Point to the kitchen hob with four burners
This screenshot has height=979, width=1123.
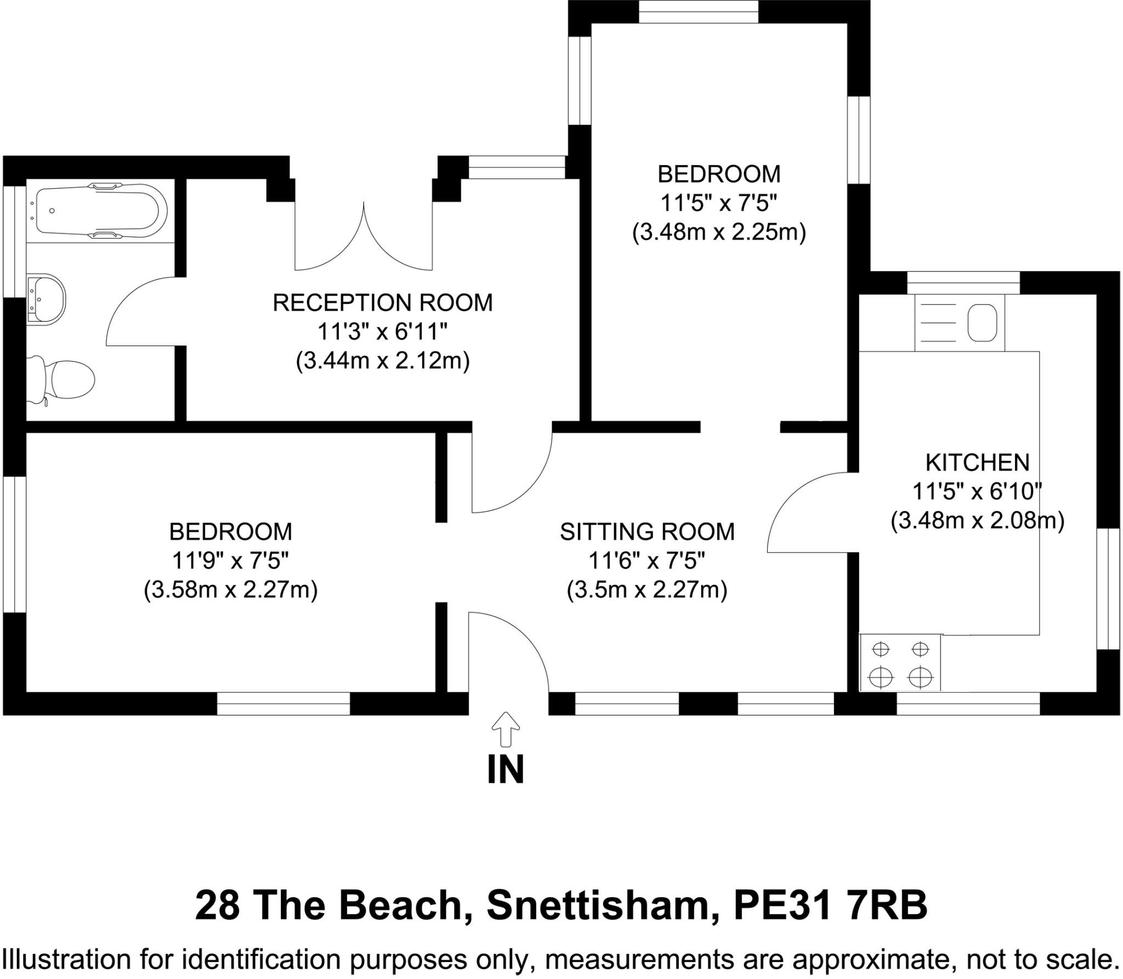click(900, 663)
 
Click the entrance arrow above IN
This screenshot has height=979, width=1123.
click(505, 728)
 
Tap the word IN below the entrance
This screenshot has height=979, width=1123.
click(505, 769)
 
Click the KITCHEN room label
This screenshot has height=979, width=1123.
click(977, 462)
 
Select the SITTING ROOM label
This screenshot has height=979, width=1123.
click(647, 531)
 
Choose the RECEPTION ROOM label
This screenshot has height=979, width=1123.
click(383, 303)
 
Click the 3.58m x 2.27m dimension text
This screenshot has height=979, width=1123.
click(230, 590)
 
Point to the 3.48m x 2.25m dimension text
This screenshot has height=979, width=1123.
click(718, 232)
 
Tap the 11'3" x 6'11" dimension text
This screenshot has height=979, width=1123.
click(383, 332)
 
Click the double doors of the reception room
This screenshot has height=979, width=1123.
click(364, 241)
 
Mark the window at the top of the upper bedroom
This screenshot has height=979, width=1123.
click(698, 12)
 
